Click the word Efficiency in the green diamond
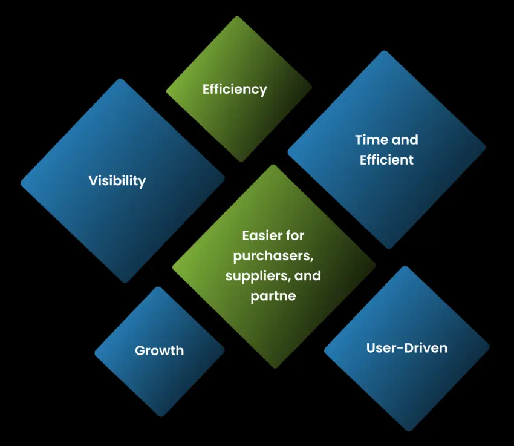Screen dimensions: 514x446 coord(235,90)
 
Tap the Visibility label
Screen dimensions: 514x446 coord(117,181)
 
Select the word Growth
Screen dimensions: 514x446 coord(159,350)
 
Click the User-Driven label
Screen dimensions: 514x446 coord(407,348)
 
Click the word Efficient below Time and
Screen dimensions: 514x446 coord(386,160)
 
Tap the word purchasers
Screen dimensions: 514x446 coord(273,256)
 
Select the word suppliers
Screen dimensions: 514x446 coord(255,276)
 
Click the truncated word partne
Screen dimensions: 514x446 coord(273,296)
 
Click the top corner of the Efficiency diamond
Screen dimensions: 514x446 coord(237,16)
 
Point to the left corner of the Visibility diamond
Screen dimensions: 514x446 coord(21,182)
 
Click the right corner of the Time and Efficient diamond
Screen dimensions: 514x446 coord(486,148)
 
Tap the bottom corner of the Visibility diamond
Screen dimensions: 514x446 coord(125,283)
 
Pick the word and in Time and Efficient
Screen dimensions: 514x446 coord(405,140)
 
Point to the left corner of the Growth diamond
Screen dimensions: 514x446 coord(94,353)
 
